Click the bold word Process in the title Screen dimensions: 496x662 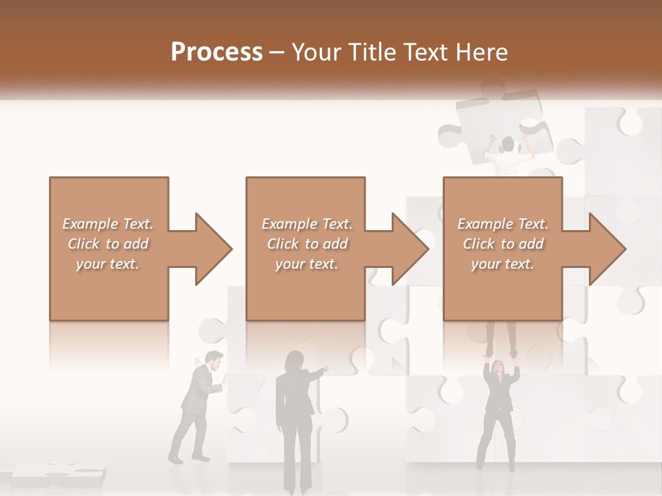pyautogui.click(x=217, y=52)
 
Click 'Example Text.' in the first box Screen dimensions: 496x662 pyautogui.click(x=108, y=224)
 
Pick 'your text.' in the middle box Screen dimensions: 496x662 pyautogui.click(x=306, y=264)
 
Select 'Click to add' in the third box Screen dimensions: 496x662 pyautogui.click(x=502, y=244)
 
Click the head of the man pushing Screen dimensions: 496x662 pyautogui.click(x=214, y=360)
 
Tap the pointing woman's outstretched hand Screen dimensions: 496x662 pyautogui.click(x=325, y=369)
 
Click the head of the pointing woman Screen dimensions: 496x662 pyautogui.click(x=294, y=360)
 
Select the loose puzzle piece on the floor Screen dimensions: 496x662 pyautogui.click(x=59, y=474)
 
